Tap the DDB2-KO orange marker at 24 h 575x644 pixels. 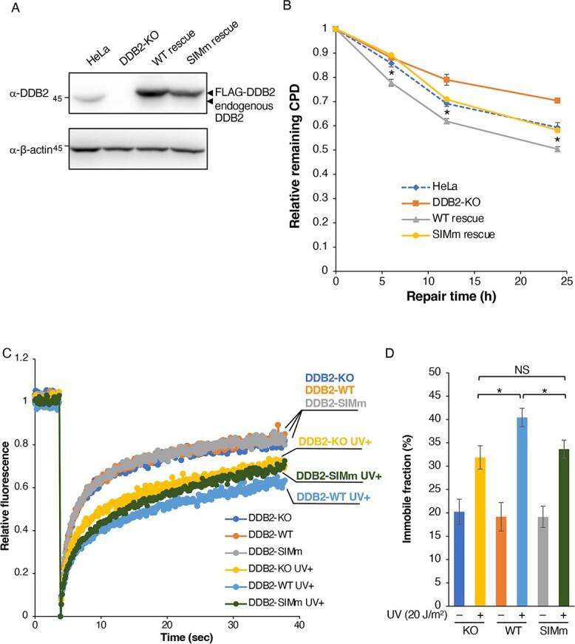click(x=557, y=101)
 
